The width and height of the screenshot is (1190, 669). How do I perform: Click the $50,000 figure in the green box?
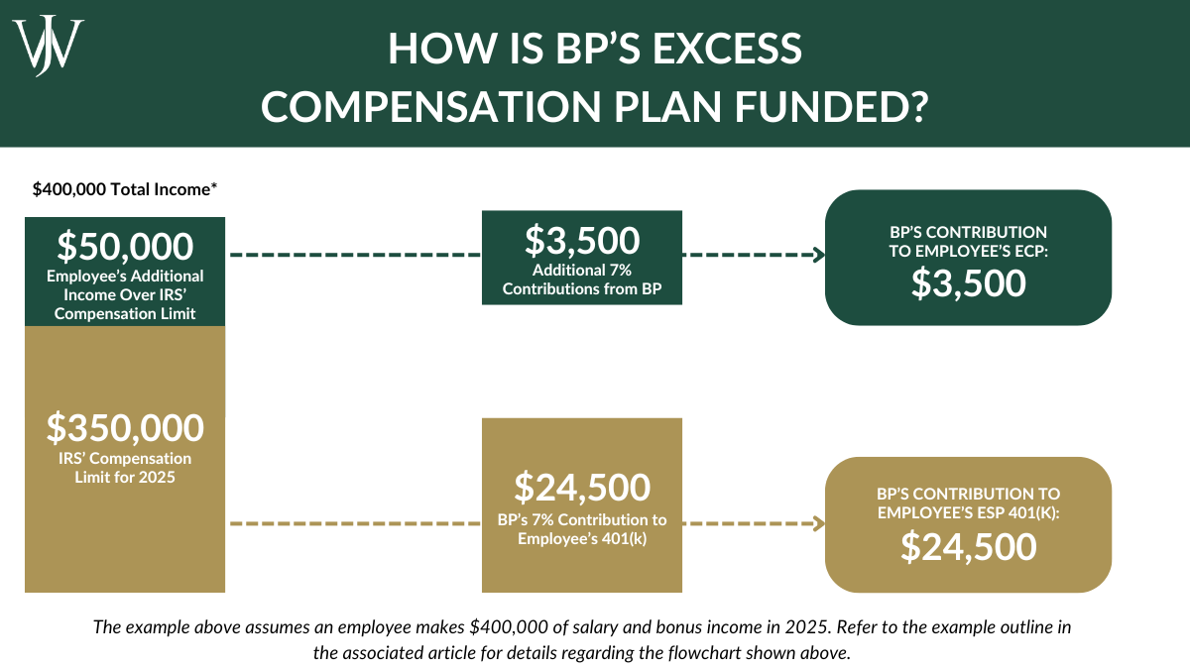125,246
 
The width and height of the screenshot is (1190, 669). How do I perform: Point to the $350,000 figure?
125,427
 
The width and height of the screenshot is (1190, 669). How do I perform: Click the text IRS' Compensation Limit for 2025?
125,468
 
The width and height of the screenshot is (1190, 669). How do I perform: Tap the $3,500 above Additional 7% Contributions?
582,241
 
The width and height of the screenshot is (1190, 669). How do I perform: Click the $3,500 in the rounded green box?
968,283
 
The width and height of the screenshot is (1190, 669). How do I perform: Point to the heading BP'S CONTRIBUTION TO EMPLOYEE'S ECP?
968,241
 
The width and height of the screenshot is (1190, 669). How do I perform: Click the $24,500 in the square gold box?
582,487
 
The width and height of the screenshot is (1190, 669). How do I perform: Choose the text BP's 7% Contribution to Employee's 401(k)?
582,528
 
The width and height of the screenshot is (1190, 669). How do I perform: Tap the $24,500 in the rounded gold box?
968,546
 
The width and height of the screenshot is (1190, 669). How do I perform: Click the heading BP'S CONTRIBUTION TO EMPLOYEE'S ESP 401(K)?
968,502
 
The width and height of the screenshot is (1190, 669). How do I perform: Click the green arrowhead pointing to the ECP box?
820,255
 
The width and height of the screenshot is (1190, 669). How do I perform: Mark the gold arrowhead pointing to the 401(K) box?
820,523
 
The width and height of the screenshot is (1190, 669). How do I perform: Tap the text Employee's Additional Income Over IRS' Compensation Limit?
125,294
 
